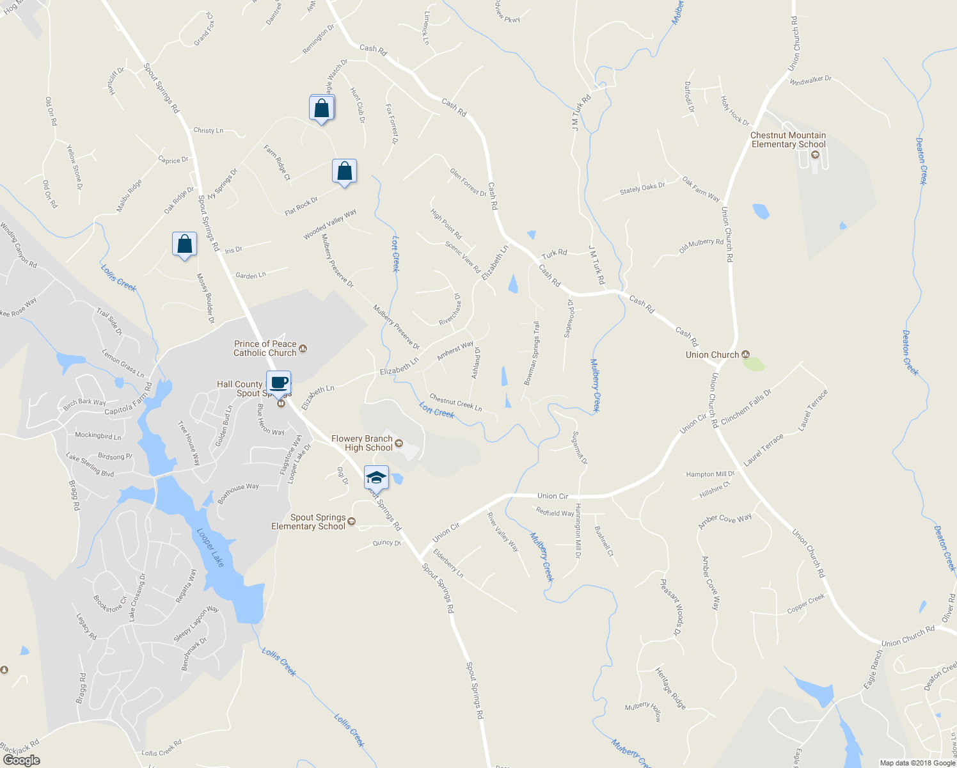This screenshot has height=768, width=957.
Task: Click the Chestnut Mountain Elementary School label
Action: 788,140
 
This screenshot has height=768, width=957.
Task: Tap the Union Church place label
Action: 712,355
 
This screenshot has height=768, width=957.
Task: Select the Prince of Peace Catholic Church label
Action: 265,348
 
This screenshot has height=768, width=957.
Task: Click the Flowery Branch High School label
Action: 362,443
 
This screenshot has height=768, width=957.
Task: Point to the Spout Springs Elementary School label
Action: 308,522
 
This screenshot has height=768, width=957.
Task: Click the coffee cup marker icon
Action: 278,383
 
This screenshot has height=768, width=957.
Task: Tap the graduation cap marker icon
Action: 376,477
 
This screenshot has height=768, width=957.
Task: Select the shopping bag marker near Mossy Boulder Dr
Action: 184,244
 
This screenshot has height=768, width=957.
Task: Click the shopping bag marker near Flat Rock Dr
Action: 344,171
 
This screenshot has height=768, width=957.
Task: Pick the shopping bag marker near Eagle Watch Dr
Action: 322,108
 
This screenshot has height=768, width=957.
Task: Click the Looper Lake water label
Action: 210,547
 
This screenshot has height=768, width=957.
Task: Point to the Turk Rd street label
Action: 554,253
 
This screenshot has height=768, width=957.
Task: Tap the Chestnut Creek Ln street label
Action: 455,403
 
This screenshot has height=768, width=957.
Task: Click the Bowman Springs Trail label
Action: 532,353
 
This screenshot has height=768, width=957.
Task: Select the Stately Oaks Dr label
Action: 642,189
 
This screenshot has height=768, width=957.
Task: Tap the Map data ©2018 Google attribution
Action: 917,763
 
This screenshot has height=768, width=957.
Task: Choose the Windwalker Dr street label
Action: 811,80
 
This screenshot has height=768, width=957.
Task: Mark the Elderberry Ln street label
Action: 448,560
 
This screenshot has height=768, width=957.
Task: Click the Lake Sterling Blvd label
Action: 90,465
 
